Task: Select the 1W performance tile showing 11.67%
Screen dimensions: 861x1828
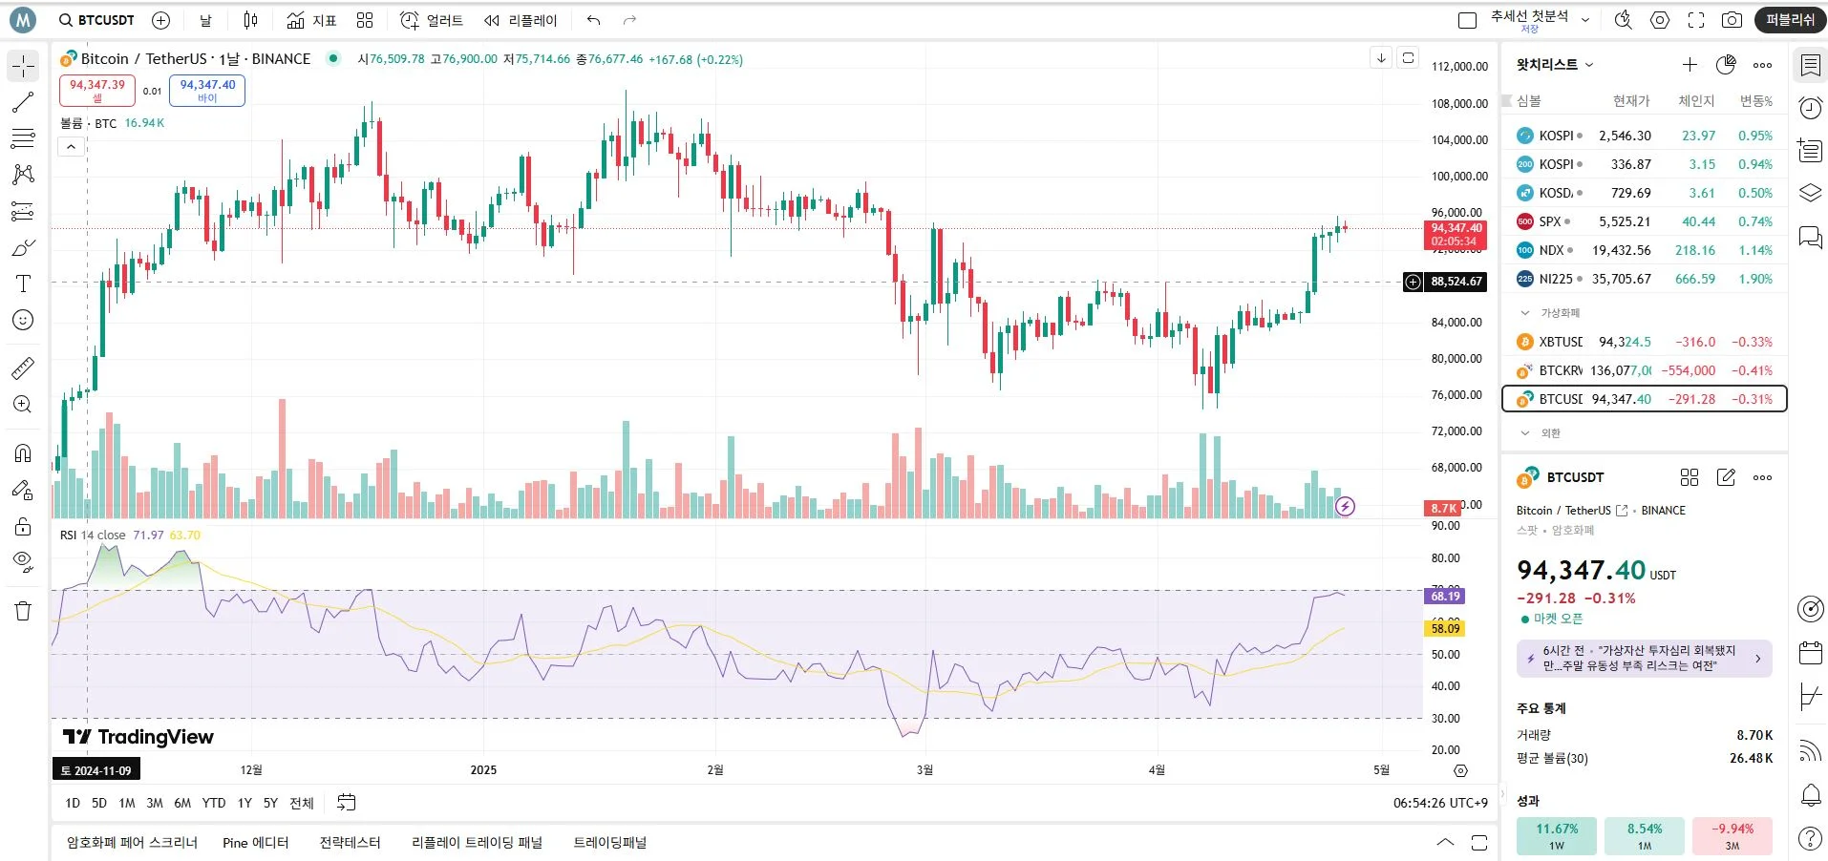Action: [x=1556, y=835]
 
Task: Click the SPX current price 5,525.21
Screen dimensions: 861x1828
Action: [x=1625, y=221]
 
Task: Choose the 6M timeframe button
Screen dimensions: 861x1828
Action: [x=182, y=803]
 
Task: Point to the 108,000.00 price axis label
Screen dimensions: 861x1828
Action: [x=1459, y=103]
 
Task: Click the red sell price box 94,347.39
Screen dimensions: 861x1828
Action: [x=97, y=90]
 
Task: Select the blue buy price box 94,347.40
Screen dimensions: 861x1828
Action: [x=207, y=90]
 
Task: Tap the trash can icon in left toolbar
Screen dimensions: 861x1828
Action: [x=23, y=611]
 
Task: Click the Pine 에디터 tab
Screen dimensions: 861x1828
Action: [x=255, y=842]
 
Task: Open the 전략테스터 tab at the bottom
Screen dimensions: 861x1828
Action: [x=350, y=842]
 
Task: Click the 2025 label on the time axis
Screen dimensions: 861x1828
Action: [x=483, y=769]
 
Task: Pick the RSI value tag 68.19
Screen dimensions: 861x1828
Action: [x=1445, y=596]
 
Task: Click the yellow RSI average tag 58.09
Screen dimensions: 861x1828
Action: [x=1445, y=628]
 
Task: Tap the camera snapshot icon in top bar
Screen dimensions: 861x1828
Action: [x=1731, y=20]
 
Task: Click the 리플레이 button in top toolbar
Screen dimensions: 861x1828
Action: [x=521, y=20]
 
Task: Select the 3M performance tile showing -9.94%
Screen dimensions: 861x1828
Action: [x=1732, y=835]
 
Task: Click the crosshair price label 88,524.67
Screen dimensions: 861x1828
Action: [x=1456, y=282]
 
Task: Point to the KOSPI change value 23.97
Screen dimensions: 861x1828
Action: [x=1698, y=136]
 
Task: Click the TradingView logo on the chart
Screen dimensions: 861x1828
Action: [x=138, y=736]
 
